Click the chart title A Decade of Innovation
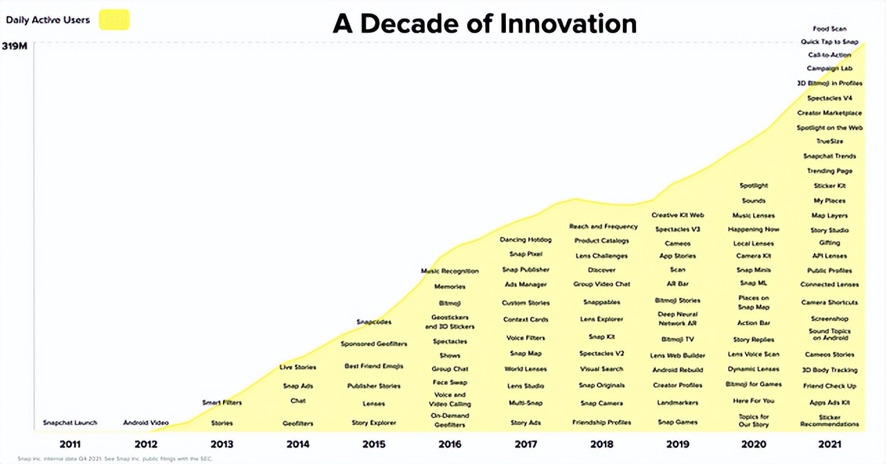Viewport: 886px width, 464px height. click(x=484, y=24)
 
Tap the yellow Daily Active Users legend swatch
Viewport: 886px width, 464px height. click(x=114, y=20)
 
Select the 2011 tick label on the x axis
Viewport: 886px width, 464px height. click(x=70, y=444)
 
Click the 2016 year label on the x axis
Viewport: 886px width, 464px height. click(x=450, y=444)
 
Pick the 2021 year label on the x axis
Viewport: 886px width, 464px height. click(x=829, y=444)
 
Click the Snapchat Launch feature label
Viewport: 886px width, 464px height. click(x=70, y=422)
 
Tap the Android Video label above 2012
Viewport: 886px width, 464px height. click(x=146, y=422)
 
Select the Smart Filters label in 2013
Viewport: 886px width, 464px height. click(x=221, y=402)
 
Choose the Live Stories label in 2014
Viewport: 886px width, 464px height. click(x=298, y=367)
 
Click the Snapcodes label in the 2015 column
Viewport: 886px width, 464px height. click(x=374, y=322)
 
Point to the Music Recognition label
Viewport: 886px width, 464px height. click(x=450, y=271)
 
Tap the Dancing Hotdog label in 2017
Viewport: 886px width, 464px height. click(x=525, y=240)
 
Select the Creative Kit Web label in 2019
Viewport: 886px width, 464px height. click(x=678, y=215)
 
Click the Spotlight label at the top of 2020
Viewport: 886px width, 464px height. click(x=754, y=186)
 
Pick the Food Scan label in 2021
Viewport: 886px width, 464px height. click(x=829, y=29)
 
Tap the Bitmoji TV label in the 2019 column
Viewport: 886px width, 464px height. click(x=678, y=339)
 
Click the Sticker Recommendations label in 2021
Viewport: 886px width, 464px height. click(x=829, y=420)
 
